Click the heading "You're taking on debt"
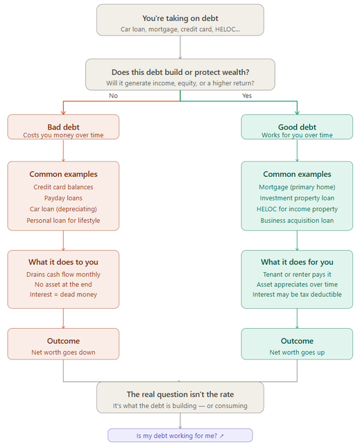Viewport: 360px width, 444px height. point(180,19)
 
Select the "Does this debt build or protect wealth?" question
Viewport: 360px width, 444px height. point(180,72)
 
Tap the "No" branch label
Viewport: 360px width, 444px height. point(113,96)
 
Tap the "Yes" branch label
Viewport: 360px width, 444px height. point(247,96)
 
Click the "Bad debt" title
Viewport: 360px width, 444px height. point(63,127)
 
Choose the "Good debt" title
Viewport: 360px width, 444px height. point(297,127)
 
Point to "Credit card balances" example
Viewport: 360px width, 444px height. point(63,187)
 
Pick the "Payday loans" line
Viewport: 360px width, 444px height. point(63,198)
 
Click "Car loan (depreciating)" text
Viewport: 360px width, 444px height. point(63,209)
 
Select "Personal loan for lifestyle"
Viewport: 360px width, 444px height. point(63,221)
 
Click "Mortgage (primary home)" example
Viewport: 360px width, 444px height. point(297,187)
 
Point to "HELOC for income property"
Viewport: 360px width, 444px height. point(297,209)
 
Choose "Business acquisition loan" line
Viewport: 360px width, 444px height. point(297,221)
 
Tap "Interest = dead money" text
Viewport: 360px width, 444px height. point(63,294)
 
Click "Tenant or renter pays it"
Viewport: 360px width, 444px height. point(297,275)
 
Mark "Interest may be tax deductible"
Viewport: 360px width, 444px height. point(297,294)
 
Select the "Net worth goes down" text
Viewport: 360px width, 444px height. point(63,352)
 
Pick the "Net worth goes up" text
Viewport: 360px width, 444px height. point(297,352)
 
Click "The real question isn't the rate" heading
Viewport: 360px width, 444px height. point(180,394)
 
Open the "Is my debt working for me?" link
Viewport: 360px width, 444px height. point(180,436)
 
